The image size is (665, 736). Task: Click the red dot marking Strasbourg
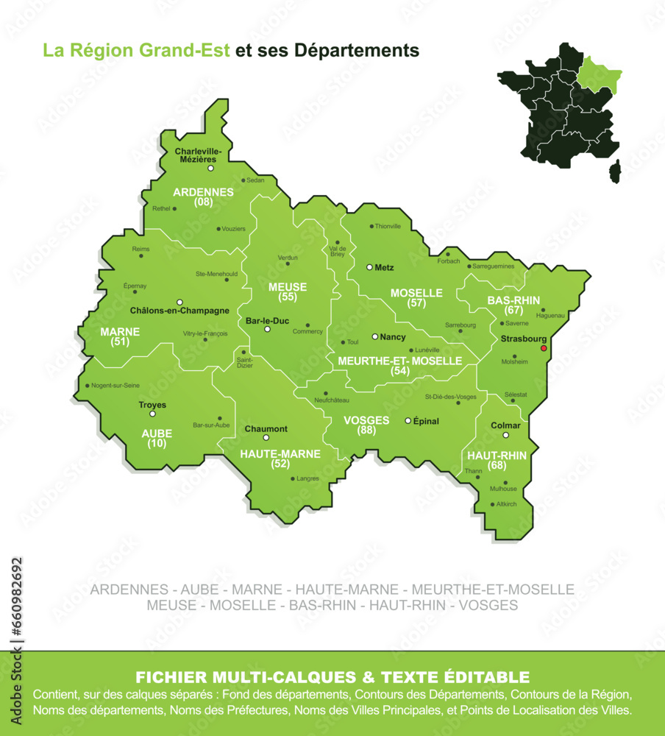[544, 348]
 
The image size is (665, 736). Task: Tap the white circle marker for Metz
[369, 267]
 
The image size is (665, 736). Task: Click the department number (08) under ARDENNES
[204, 202]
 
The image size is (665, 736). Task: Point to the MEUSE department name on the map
[288, 287]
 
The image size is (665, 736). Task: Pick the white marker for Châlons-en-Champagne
[179, 302]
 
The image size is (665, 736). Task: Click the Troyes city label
[152, 405]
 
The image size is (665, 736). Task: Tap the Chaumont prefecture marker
[266, 438]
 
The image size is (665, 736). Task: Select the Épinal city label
[426, 421]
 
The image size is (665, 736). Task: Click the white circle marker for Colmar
[505, 435]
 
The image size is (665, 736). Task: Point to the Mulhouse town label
[503, 489]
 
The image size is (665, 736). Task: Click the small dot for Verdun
[288, 263]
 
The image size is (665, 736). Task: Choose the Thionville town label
[388, 226]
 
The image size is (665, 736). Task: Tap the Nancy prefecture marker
[374, 336]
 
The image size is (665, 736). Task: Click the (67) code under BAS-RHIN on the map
[513, 310]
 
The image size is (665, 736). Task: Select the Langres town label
[307, 478]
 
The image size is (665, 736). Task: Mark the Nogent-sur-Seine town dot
[87, 386]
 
